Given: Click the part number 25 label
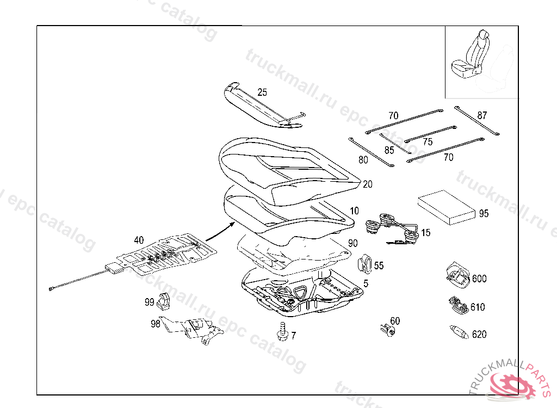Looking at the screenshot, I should pyautogui.click(x=262, y=92).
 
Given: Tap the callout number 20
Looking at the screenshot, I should pyautogui.click(x=368, y=184).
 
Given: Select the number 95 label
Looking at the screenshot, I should pyautogui.click(x=484, y=214).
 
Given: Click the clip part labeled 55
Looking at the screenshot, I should pyautogui.click(x=365, y=263).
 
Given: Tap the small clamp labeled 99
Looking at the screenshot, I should pyautogui.click(x=164, y=300).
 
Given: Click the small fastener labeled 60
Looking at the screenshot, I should pyautogui.click(x=386, y=329).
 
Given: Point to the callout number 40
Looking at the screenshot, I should pyautogui.click(x=139, y=240).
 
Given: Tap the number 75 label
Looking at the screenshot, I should pyautogui.click(x=428, y=141).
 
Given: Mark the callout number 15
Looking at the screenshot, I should pyautogui.click(x=425, y=233).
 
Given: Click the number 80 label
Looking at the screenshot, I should pyautogui.click(x=363, y=159).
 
